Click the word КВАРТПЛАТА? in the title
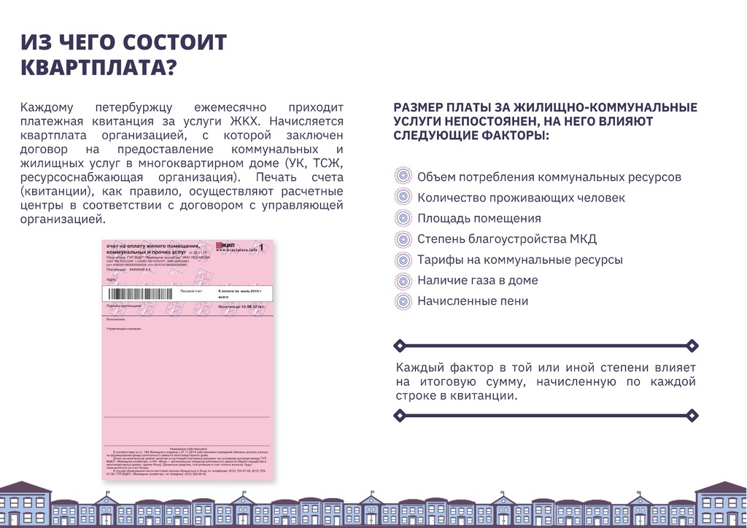point(98,67)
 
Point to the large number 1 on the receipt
point(260,248)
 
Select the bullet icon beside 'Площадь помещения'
point(403,218)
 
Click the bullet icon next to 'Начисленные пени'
point(403,300)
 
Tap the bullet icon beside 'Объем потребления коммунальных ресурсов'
point(403,176)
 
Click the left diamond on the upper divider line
point(398,345)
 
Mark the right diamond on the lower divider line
point(693,416)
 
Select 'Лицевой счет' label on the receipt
point(192,290)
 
